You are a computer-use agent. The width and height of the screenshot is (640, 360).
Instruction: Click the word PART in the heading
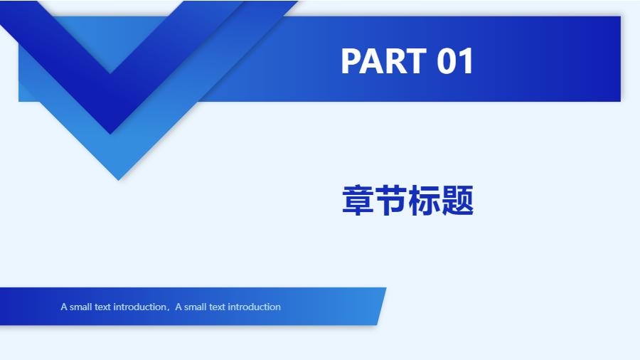[x=384, y=61]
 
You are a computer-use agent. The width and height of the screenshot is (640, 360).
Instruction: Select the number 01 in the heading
[x=455, y=61]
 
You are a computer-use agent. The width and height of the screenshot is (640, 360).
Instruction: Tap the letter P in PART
[x=351, y=61]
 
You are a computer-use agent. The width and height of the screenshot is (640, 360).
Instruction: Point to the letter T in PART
[x=417, y=61]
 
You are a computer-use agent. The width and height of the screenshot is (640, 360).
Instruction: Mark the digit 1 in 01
[x=466, y=61]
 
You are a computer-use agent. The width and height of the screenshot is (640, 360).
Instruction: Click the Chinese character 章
[x=358, y=200]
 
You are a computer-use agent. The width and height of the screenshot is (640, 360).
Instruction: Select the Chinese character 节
[x=391, y=200]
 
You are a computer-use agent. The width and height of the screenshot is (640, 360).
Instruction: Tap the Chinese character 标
[x=425, y=200]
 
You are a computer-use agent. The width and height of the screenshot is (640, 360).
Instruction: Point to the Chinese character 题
[x=457, y=200]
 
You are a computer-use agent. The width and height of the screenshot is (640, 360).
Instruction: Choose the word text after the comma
[x=217, y=307]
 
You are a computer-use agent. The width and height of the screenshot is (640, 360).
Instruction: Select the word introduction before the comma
[x=139, y=307]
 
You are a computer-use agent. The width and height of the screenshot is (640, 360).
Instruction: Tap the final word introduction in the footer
[x=254, y=307]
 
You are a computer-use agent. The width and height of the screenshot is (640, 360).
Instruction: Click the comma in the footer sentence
[x=169, y=309]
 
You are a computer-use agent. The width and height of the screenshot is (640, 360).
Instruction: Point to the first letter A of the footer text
[x=64, y=307]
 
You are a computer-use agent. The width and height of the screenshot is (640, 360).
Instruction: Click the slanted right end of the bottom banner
[x=382, y=306]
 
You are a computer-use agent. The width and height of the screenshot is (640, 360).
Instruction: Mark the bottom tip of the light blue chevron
[x=118, y=179]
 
